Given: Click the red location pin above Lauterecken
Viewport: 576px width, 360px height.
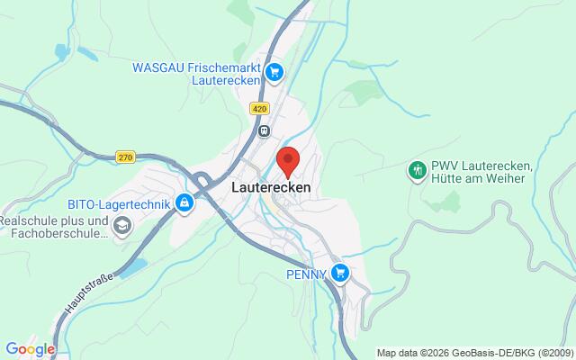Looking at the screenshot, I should (x=288, y=160).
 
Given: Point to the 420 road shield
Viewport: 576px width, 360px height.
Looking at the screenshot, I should (x=260, y=108).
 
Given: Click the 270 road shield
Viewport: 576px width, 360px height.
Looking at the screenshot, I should (x=125, y=157).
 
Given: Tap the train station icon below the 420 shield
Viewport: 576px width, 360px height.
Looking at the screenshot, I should (x=264, y=130).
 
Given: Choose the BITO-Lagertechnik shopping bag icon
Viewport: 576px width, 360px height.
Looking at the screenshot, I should (x=184, y=204).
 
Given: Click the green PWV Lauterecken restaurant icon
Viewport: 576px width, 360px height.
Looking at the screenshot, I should (x=417, y=169).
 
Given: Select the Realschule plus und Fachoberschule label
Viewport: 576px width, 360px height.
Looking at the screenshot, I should (x=54, y=226).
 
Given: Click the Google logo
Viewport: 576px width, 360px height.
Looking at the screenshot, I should (x=30, y=349).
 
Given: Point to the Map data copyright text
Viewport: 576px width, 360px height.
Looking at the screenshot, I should (x=474, y=352).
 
